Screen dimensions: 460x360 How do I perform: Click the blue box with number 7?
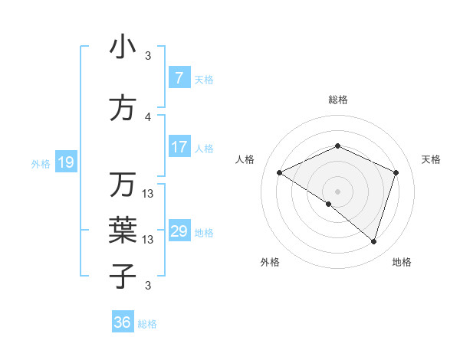pos(179,78)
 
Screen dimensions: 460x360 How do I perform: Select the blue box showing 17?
pos(179,147)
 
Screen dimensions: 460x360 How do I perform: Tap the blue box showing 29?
pos(179,231)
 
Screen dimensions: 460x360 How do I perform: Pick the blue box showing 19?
pos(65,162)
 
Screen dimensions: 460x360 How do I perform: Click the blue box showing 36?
pos(122,322)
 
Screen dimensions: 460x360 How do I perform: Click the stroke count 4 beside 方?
pos(148,117)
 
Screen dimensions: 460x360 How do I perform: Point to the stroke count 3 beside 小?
pos(148,56)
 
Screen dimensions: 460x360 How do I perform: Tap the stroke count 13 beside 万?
pos(148,194)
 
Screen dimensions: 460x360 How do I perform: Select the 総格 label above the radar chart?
pos(338,100)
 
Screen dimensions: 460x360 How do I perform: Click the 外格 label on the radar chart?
pos(270,262)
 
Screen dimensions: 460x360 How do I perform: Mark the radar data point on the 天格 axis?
pos(396,172)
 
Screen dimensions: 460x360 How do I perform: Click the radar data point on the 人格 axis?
pos(280,172)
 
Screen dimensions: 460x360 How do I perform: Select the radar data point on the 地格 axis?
pos(373,241)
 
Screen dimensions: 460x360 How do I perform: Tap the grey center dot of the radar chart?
pos(338,190)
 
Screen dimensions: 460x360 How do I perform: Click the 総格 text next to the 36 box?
pos(147,324)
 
